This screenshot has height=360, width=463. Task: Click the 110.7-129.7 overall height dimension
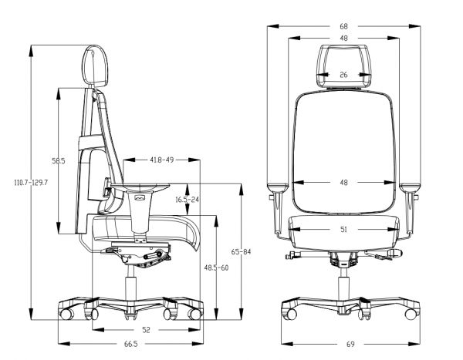(x=31, y=183)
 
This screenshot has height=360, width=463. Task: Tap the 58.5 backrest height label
(x=59, y=161)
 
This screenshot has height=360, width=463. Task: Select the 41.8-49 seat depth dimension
(x=162, y=160)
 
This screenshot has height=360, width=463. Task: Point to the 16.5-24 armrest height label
(x=188, y=200)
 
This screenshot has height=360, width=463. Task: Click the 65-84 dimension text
(x=241, y=252)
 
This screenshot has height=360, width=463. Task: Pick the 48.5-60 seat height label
(x=216, y=268)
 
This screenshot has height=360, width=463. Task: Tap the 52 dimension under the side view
(x=146, y=330)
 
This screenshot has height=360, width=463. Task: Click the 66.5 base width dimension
(x=131, y=344)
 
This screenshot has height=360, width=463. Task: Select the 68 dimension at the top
(x=343, y=26)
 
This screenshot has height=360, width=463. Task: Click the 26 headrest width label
(x=343, y=75)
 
